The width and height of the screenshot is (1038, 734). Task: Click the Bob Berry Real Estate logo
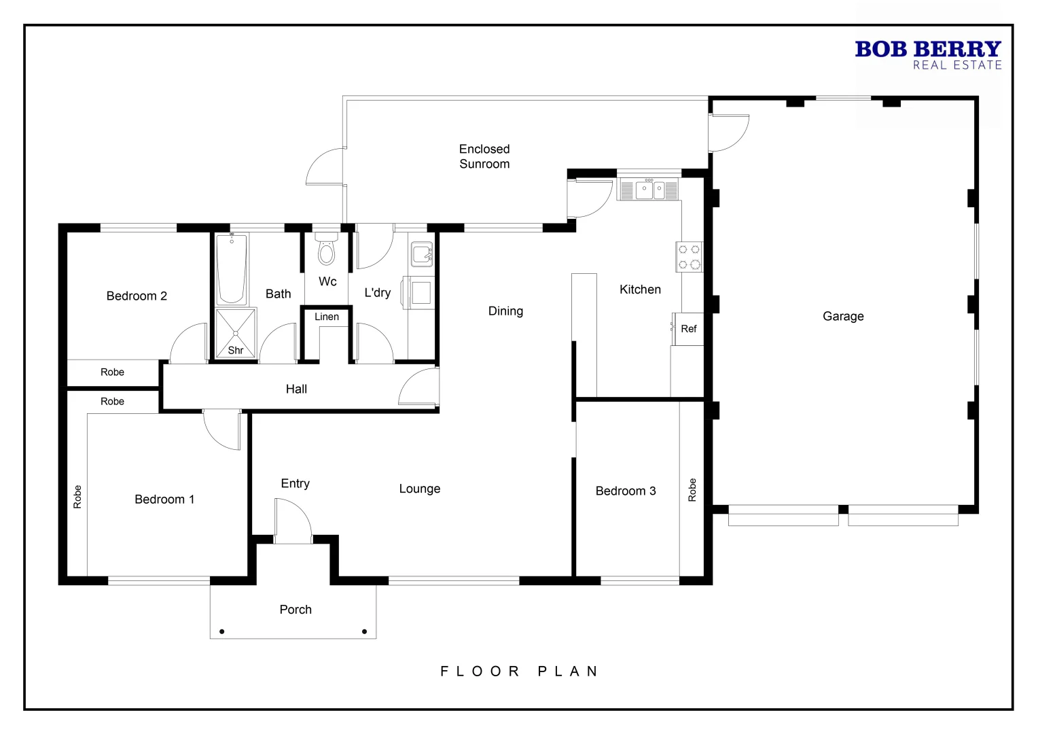(x=927, y=54)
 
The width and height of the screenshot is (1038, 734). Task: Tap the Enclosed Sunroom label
(x=484, y=156)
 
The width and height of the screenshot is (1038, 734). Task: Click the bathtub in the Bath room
(x=232, y=269)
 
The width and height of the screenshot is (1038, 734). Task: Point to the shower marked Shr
(x=235, y=334)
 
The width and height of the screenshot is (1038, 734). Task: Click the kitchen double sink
(x=650, y=190)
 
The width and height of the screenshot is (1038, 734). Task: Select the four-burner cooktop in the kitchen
(x=689, y=257)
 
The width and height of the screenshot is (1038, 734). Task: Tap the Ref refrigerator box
(x=688, y=329)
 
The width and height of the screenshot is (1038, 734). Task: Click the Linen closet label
(x=327, y=317)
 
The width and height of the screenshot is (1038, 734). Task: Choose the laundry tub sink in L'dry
(x=421, y=254)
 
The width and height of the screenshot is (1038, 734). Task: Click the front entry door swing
(x=293, y=521)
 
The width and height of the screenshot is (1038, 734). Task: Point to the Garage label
(x=843, y=316)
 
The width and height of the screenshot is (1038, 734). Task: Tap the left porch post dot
(x=222, y=632)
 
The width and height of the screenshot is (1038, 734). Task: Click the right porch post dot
(x=365, y=632)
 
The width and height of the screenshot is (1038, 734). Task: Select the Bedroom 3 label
(x=626, y=491)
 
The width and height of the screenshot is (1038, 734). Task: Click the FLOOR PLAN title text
(x=520, y=671)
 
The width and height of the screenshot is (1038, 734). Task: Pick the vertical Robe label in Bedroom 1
(x=77, y=497)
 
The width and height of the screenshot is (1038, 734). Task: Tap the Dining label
(x=505, y=311)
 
